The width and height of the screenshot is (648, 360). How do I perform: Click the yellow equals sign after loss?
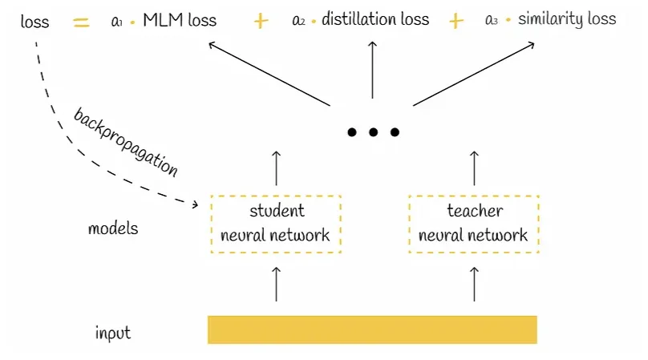[81, 22]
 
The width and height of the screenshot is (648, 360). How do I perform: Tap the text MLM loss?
[180, 20]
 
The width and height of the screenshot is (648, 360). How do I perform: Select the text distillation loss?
[375, 19]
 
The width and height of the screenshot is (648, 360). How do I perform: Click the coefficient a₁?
[117, 21]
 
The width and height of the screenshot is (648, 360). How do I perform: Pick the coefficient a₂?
[298, 21]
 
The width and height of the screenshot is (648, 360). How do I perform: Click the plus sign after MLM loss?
[261, 22]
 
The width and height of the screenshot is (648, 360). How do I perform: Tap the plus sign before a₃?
[456, 21]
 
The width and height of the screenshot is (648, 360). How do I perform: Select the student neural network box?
[275, 223]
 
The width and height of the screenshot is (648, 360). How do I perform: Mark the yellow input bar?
[372, 330]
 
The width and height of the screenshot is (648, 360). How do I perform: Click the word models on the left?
[113, 229]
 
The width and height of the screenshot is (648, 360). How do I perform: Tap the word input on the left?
[113, 332]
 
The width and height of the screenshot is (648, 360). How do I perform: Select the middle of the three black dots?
[373, 132]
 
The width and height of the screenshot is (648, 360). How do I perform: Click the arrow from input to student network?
[276, 284]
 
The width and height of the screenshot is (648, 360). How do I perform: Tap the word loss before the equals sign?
[34, 22]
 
